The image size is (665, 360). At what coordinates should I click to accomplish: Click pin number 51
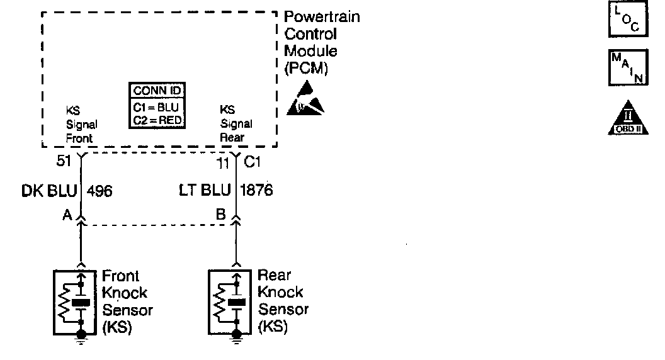pos(64,161)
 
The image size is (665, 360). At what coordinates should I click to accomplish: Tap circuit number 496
pos(99,190)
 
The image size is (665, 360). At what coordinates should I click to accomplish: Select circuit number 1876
pos(258,190)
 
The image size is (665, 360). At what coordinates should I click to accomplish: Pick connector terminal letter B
pos(221,215)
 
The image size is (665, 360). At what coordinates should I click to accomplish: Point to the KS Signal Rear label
pos(236,124)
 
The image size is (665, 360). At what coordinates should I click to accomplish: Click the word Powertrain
pos(322,17)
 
